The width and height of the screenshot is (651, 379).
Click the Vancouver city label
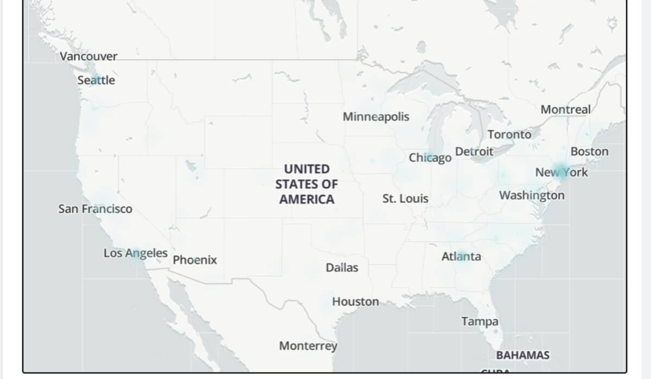tap(88, 56)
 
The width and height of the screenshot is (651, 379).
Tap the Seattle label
tap(96, 80)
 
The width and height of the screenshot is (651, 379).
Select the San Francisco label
tap(95, 209)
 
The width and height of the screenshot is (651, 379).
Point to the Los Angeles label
tap(136, 253)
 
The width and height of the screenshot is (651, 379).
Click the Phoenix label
tap(195, 260)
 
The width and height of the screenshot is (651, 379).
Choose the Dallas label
tap(342, 267)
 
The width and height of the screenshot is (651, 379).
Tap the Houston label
tap(355, 302)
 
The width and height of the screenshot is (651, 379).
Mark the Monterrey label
tap(308, 346)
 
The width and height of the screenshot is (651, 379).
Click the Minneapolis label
tap(376, 117)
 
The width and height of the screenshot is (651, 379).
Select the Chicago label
tap(430, 158)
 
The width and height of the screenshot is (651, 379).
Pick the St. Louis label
tap(405, 199)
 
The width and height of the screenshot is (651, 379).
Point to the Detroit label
tap(474, 152)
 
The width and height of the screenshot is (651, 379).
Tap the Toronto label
tap(509, 134)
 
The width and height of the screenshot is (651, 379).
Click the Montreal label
tap(565, 109)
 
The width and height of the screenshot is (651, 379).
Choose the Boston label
tap(589, 152)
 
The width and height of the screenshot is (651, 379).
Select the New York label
tap(561, 173)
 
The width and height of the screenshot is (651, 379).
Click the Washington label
tap(532, 195)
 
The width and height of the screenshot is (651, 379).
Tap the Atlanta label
tap(461, 256)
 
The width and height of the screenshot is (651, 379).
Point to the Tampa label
tap(480, 322)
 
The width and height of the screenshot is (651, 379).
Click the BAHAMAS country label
tap(522, 355)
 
